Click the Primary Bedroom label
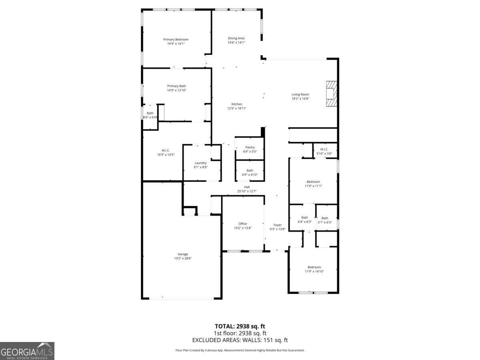[176, 39]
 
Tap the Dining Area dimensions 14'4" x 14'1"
[236, 42]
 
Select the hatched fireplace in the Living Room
[331, 94]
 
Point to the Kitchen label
[237, 104]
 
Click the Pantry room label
[250, 147]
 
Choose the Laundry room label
[200, 163]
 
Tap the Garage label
[183, 254]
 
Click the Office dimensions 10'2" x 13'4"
[242, 228]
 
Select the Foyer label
[277, 225]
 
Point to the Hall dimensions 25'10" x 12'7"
[246, 191]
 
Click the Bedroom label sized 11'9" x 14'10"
[314, 267]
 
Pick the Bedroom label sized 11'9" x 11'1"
[313, 182]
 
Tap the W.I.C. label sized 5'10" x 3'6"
[324, 149]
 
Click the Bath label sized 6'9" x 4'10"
[250, 170]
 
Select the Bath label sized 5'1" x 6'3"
[324, 218]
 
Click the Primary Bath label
[176, 86]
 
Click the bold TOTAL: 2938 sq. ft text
[240, 326]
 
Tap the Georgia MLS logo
[27, 351]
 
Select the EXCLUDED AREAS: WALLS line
[240, 340]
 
